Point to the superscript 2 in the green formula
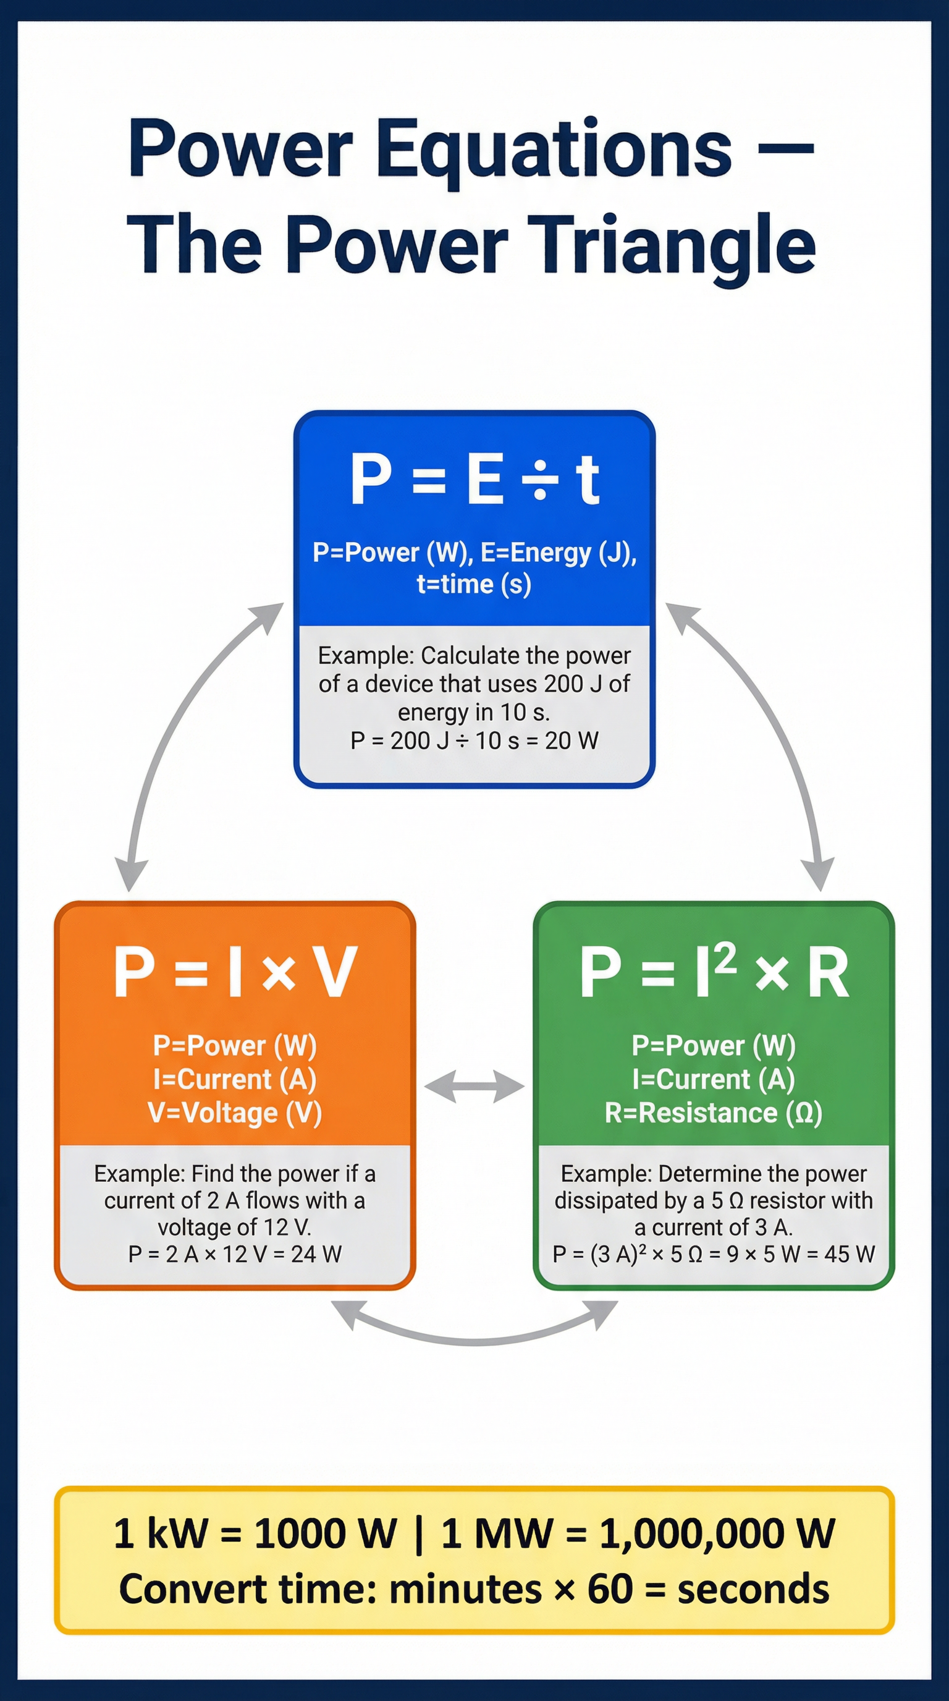click(724, 957)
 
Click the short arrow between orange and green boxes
click(474, 1087)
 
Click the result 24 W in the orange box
click(316, 1254)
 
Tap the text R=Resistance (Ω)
click(714, 1113)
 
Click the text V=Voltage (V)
click(235, 1113)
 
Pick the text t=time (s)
click(474, 584)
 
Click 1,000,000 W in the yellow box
click(717, 1533)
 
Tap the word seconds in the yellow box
click(753, 1589)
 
